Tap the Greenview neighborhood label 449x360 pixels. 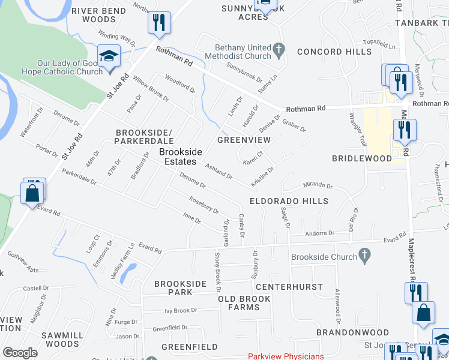pyautogui.click(x=244, y=140)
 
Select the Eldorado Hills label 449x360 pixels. pyautogui.click(x=289, y=202)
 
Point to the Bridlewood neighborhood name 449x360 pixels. pyautogui.click(x=361, y=158)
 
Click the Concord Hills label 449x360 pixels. pyautogui.click(x=334, y=52)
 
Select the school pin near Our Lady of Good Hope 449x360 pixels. pyautogui.click(x=110, y=57)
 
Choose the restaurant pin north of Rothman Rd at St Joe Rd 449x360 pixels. pyautogui.click(x=159, y=23)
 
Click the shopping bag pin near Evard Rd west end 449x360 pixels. pyautogui.click(x=32, y=194)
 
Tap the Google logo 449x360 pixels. pyautogui.click(x=20, y=353)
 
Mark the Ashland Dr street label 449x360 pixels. pyautogui.click(x=218, y=172)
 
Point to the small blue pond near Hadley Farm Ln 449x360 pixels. pyautogui.click(x=127, y=274)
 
